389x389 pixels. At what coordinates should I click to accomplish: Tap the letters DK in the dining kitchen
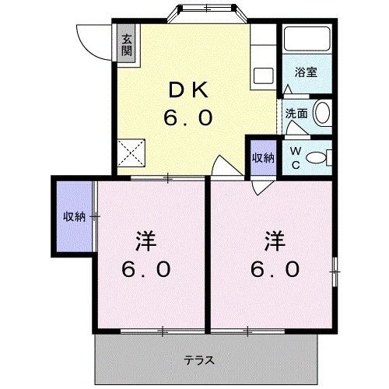[x=187, y=90]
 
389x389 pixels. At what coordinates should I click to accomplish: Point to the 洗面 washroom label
[x=296, y=113]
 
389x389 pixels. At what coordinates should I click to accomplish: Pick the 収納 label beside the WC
[x=262, y=157]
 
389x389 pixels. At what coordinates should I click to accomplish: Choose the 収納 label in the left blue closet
[x=74, y=216]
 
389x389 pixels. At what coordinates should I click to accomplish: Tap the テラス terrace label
[x=200, y=359]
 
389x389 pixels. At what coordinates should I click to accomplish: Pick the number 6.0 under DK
[x=187, y=118]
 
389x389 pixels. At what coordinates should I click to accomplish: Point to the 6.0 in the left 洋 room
[x=145, y=269]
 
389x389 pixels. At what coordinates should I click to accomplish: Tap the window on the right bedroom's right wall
[x=336, y=269]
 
